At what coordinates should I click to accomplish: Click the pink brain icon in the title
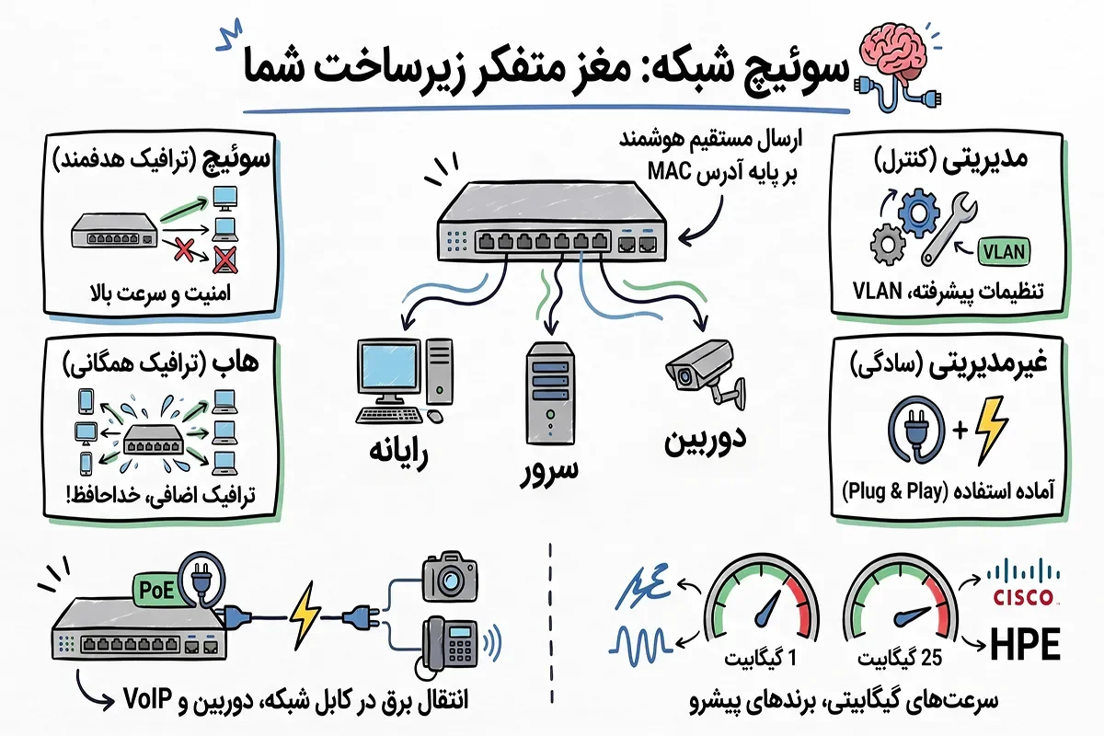[x=892, y=53]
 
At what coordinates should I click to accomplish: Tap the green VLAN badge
[x=1004, y=251]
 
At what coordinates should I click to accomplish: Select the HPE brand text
[x=1025, y=644]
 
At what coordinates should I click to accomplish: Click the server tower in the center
[x=550, y=395]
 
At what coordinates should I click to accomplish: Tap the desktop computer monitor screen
[x=388, y=367]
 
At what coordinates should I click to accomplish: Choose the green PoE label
[x=156, y=590]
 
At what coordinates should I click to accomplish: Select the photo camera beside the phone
[x=450, y=577]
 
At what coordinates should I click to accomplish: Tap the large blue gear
[x=918, y=213]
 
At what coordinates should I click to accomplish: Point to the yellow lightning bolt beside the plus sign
[x=992, y=431]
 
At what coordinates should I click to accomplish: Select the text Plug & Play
[x=894, y=491]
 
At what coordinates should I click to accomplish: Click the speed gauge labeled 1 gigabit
[x=762, y=599]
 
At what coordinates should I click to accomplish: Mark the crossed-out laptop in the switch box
[x=224, y=259]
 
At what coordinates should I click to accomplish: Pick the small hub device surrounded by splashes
[x=154, y=439]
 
